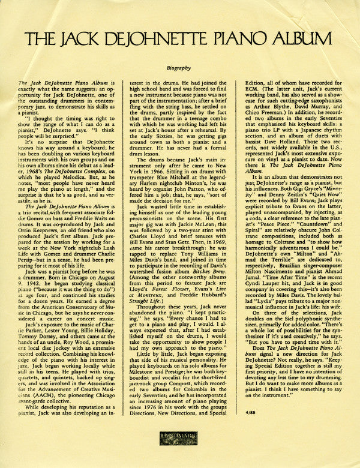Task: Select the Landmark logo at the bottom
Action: pyautogui.click(x=181, y=446)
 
